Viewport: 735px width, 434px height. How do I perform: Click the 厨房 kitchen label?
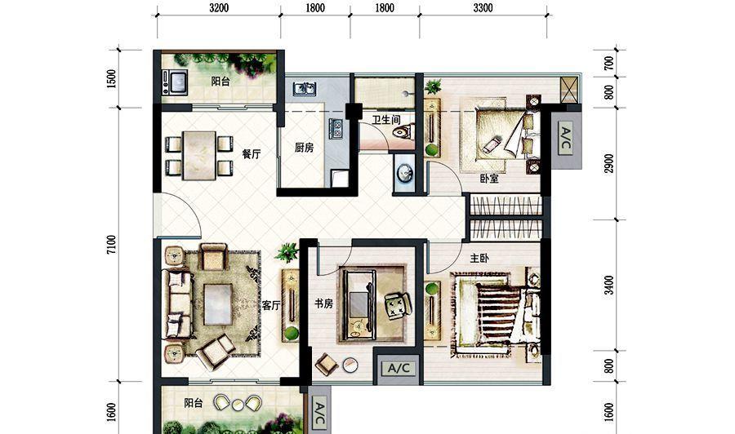[x=304, y=148]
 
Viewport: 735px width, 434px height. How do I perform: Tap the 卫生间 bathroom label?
[x=386, y=120]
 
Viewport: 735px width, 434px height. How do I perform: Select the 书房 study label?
[x=323, y=303]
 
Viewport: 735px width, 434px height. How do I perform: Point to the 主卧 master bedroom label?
[x=479, y=258]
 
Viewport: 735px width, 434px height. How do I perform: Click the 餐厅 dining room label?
[x=252, y=153]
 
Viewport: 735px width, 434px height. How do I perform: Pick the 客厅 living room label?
[x=271, y=306]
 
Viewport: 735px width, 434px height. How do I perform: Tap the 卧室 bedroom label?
[x=489, y=179]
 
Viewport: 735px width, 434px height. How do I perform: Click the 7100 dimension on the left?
[x=111, y=245]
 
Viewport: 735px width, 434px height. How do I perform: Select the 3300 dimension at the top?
[x=483, y=7]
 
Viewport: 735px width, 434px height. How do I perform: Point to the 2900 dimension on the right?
[x=608, y=163]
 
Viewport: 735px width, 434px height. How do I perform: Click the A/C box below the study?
[x=399, y=369]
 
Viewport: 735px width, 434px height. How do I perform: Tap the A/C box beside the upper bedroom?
[x=566, y=139]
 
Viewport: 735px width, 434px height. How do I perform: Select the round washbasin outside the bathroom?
[x=404, y=173]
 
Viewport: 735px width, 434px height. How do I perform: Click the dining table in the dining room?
[x=199, y=156]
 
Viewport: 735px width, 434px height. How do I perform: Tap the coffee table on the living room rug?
[x=218, y=304]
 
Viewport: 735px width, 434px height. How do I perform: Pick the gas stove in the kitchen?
[x=336, y=129]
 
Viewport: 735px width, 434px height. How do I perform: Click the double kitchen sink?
[x=305, y=88]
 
